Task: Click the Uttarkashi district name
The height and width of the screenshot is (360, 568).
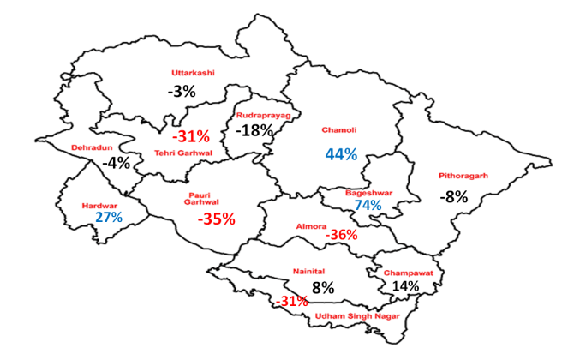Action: (193, 72)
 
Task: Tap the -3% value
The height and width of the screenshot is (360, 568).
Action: (182, 91)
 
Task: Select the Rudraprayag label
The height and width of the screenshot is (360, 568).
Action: (264, 114)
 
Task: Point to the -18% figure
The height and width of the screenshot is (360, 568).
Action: (254, 130)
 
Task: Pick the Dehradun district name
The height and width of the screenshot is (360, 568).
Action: (92, 147)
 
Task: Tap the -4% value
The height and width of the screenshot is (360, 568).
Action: (116, 162)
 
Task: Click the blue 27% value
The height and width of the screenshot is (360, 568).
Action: (109, 218)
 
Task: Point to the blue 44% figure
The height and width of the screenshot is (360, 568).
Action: (340, 154)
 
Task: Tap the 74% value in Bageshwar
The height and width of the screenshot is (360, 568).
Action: (368, 207)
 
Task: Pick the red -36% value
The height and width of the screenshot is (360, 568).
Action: (341, 235)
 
